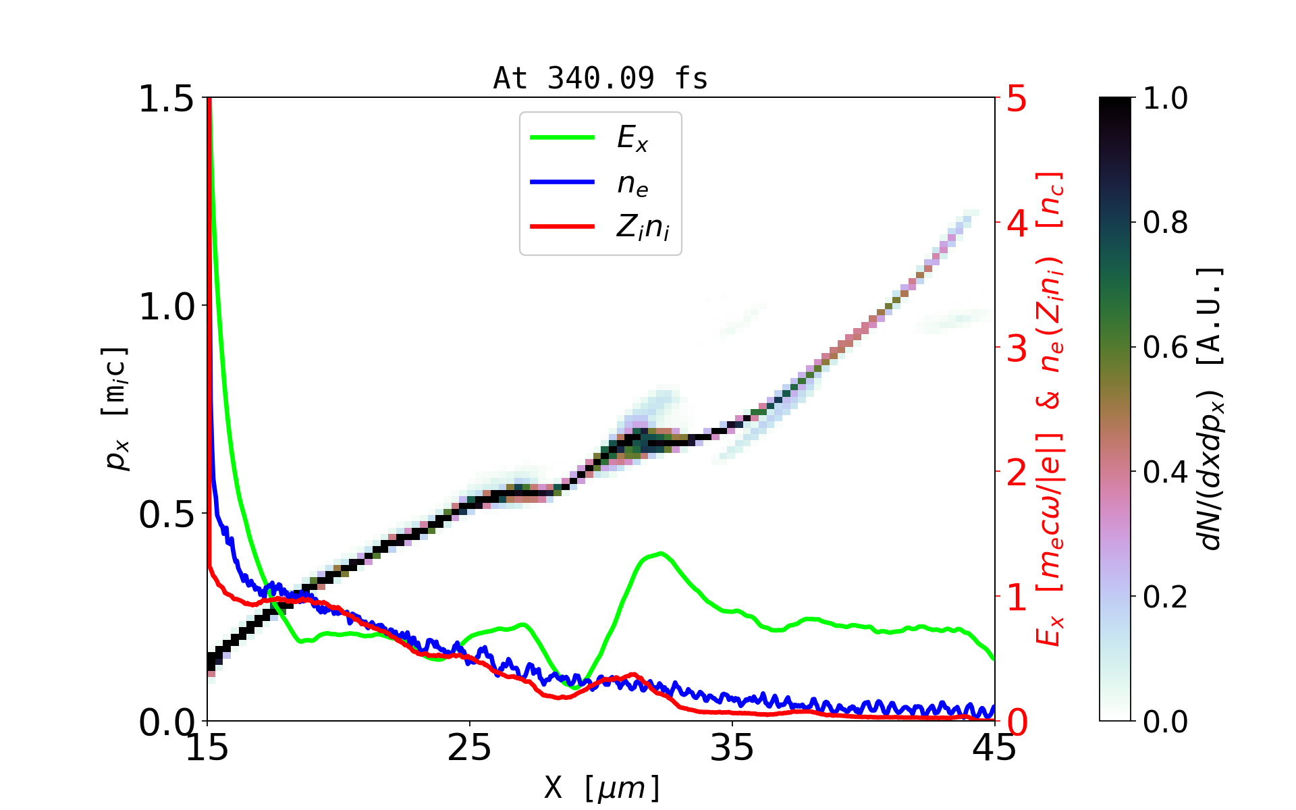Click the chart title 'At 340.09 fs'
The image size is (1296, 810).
[600, 78]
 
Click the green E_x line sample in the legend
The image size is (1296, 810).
[562, 138]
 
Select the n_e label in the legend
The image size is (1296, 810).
[632, 184]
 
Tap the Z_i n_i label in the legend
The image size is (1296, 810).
[643, 227]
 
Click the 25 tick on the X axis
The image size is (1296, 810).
[469, 748]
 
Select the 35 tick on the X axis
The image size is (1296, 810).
[732, 748]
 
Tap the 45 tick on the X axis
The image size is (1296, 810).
[995, 748]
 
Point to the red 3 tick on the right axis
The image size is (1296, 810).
[1017, 348]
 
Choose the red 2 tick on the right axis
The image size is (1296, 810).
[1017, 473]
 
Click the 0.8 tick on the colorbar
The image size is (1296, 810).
[1165, 223]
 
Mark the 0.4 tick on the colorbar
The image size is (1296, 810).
[1165, 473]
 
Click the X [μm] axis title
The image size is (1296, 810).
[602, 787]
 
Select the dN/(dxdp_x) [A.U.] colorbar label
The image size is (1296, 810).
[1212, 409]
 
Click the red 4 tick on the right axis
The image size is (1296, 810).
[1017, 223]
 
